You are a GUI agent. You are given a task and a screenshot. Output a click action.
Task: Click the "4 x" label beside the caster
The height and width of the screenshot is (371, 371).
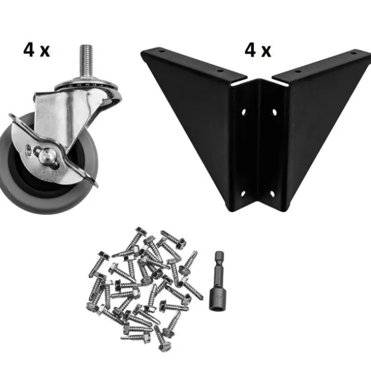pyautogui.click(x=37, y=50)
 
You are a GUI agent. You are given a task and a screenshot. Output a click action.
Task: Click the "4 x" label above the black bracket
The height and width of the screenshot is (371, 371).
pyautogui.click(x=258, y=51)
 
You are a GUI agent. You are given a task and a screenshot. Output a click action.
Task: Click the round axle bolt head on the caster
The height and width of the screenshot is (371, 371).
pyautogui.click(x=45, y=155)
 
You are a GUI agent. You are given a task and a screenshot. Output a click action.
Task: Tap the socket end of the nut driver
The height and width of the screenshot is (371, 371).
pyautogui.click(x=217, y=299)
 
